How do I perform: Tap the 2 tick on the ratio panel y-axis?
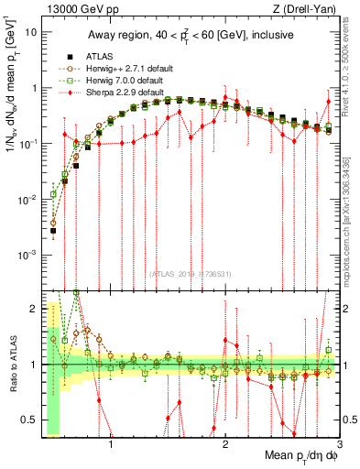[x=32, y=310]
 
